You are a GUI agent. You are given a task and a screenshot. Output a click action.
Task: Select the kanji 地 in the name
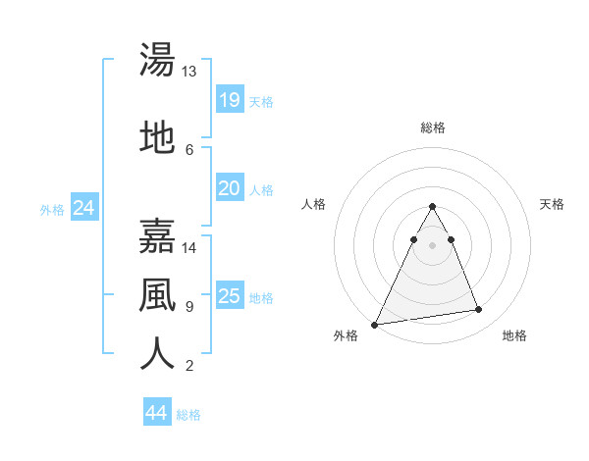[x=157, y=137]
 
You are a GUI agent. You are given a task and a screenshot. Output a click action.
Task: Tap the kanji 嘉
[x=157, y=236]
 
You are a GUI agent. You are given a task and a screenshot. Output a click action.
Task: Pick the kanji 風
[x=157, y=295]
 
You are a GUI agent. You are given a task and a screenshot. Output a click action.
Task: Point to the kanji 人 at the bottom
[x=157, y=354]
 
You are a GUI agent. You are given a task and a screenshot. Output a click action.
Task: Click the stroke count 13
[x=189, y=72]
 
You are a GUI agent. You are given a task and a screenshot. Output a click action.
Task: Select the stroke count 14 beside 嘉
[x=189, y=247]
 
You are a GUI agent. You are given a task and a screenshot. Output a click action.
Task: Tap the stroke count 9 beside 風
[x=188, y=306]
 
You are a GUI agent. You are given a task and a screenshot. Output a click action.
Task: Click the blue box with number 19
[x=229, y=100]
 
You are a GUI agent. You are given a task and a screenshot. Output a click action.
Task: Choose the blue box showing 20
[x=229, y=188]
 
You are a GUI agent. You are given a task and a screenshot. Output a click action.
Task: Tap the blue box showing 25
[x=229, y=296]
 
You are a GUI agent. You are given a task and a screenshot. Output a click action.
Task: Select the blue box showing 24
[x=83, y=208]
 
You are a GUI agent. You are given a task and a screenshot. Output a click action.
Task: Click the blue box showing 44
[x=156, y=413]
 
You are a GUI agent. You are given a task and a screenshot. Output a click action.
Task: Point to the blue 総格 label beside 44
[x=188, y=415]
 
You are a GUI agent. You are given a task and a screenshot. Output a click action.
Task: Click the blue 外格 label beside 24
[x=52, y=210]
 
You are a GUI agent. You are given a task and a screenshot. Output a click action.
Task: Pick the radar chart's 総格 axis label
[x=432, y=128]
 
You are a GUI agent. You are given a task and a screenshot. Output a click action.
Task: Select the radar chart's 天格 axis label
[x=552, y=204]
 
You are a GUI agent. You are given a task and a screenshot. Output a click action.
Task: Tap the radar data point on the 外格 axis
[x=375, y=324]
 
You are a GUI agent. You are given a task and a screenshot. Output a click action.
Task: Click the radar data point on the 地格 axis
[x=479, y=310]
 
